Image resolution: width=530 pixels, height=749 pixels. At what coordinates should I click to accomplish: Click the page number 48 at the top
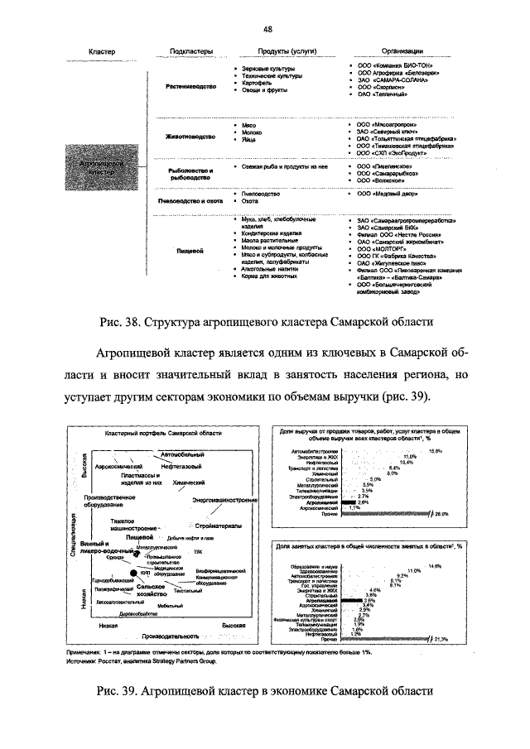click(x=267, y=26)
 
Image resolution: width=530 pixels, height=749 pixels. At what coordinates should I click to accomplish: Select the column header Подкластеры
click(x=191, y=51)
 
